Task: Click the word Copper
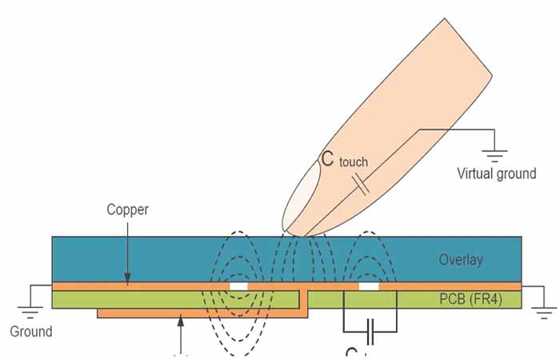click(127, 210)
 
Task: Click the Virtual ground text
click(496, 173)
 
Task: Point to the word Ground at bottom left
click(30, 331)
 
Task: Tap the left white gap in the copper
click(238, 286)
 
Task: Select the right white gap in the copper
click(368, 286)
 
